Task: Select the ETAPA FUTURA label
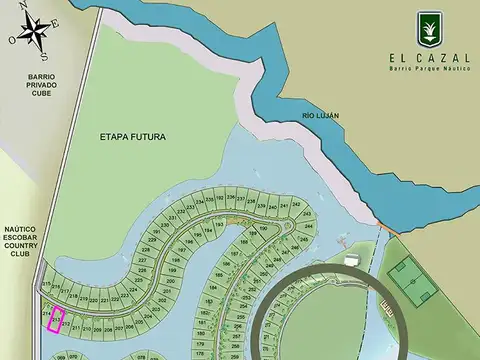coord(133,136)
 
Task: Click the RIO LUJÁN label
coord(321,116)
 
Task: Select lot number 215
coord(46,284)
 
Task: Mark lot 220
coord(92,299)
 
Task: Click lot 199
coord(171,269)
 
